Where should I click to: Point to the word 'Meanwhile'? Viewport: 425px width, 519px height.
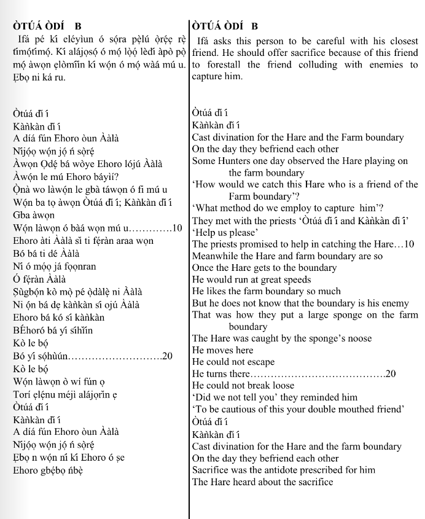(216, 256)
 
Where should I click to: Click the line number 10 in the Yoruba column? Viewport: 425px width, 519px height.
(177, 228)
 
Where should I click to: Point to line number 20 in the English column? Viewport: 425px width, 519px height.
(391, 374)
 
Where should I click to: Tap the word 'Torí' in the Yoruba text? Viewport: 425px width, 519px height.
(23, 394)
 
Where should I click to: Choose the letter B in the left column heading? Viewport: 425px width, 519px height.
(77, 26)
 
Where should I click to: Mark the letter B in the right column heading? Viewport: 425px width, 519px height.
(254, 26)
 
